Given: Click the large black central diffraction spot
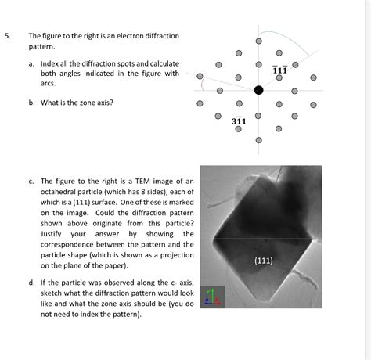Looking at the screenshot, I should (x=258, y=91).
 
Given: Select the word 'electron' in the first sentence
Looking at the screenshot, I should (x=131, y=36).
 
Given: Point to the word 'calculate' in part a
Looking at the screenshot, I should (x=160, y=63).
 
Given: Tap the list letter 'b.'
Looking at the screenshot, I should (x=32, y=101).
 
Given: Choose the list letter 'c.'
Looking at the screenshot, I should (x=32, y=181).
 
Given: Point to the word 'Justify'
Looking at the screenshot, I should (x=54, y=233).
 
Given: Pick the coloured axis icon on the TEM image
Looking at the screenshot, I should (x=212, y=296).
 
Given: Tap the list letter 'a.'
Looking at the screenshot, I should (x=32, y=63).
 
